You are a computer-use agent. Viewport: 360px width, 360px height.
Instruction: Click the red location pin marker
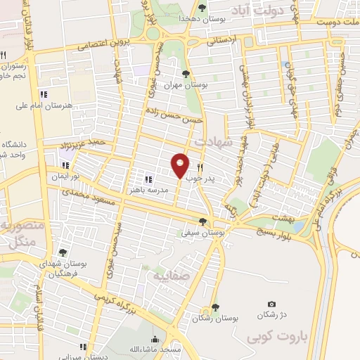click(180, 165)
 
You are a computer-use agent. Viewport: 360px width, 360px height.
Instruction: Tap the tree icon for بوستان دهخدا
click(202, 8)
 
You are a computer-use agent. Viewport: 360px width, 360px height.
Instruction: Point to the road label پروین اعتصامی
click(110, 44)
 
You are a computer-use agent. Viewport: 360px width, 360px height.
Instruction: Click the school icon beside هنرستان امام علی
click(44, 94)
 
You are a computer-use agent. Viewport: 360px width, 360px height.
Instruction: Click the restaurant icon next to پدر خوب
click(201, 168)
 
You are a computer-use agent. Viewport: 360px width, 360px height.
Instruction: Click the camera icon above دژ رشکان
click(272, 304)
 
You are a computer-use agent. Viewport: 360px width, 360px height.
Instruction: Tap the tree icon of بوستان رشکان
click(215, 307)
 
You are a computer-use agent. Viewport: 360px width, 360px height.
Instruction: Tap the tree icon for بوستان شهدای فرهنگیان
click(63, 252)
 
